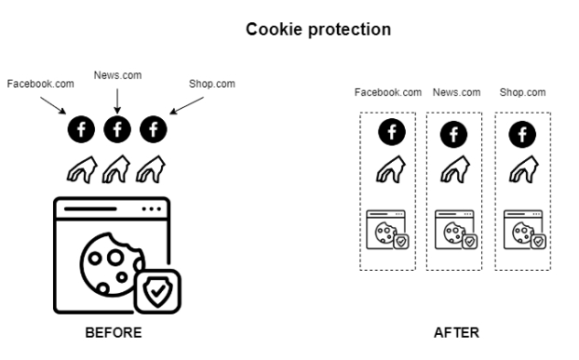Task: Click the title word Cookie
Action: (x=274, y=30)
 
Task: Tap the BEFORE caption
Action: (x=114, y=333)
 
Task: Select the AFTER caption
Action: (x=456, y=333)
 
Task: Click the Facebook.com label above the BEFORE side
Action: (x=41, y=84)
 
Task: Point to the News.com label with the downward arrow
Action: (x=117, y=75)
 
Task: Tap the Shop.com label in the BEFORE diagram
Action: (x=212, y=84)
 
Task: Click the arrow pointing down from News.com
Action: (x=117, y=101)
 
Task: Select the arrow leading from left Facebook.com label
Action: (x=53, y=105)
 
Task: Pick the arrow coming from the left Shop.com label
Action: (x=186, y=105)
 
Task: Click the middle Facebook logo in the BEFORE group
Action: (x=117, y=129)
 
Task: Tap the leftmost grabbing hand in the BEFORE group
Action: (x=82, y=169)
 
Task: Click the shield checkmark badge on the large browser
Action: (x=157, y=291)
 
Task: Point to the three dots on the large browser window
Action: (x=152, y=209)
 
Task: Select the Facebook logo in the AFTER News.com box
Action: (x=454, y=134)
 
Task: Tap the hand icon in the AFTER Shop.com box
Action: (x=524, y=169)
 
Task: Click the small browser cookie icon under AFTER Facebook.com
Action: (x=387, y=230)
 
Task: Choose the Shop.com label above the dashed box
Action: (x=522, y=92)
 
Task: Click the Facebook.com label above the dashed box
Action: (x=388, y=92)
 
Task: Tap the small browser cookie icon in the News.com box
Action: (x=456, y=230)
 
